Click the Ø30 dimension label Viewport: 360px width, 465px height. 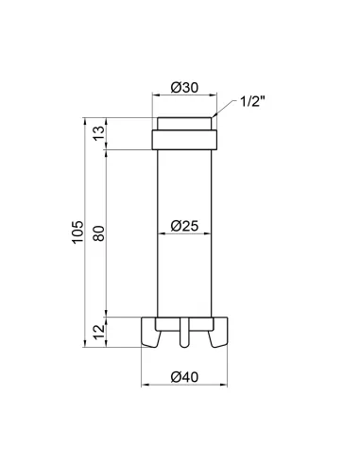[184, 87]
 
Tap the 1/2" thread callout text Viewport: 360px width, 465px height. [252, 101]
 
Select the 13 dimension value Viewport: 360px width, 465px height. [99, 133]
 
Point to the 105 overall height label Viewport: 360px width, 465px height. [78, 232]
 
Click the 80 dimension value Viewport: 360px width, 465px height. [99, 233]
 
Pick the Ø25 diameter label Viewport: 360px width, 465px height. [184, 226]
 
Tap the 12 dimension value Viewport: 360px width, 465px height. [99, 332]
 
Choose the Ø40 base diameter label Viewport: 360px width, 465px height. [184, 377]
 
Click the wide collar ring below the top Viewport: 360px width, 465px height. [184, 140]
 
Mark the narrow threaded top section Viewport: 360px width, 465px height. [184, 124]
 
